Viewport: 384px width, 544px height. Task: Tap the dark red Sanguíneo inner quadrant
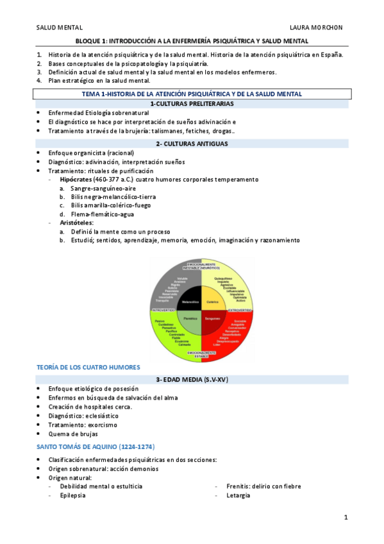212,319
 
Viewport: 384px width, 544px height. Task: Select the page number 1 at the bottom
346,516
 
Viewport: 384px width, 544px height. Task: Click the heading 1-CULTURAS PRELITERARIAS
192,103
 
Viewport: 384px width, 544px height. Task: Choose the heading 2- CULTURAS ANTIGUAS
192,144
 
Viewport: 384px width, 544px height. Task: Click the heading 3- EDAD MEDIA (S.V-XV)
192,379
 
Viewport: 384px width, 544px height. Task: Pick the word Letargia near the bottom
238,495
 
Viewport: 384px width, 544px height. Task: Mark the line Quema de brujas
73,434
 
